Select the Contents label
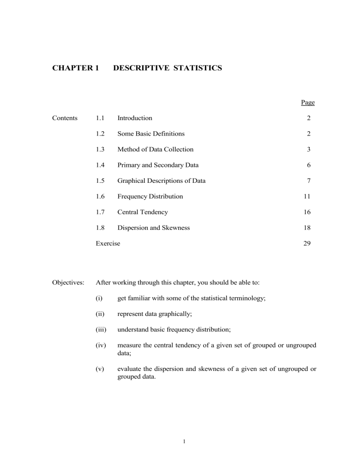pyautogui.click(x=65, y=118)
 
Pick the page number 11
pyautogui.click(x=307, y=196)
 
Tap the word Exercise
pyautogui.click(x=108, y=243)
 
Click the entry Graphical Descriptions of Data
pyautogui.click(x=161, y=181)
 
